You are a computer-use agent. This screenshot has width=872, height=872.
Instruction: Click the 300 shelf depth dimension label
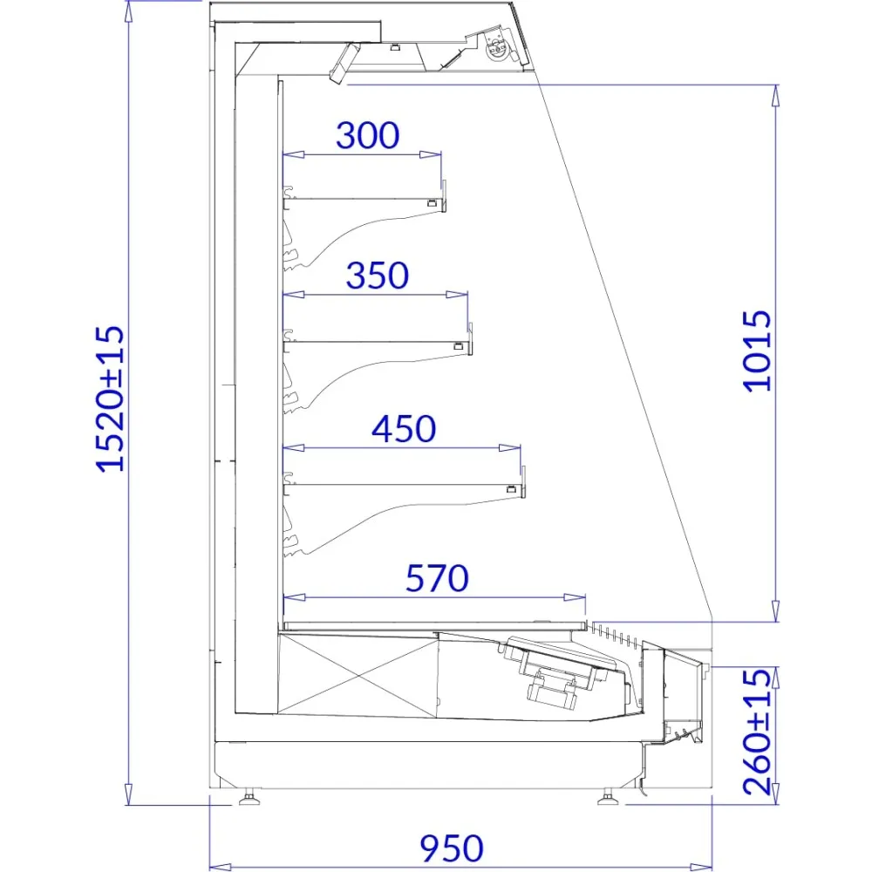click(368, 135)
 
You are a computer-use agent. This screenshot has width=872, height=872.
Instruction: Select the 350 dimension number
click(378, 276)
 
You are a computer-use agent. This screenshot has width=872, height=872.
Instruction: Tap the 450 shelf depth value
click(404, 428)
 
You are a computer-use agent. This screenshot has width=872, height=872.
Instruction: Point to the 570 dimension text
click(437, 578)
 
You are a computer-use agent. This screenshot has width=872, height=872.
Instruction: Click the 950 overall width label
click(452, 848)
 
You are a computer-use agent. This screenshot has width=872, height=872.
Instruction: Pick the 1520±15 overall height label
click(110, 399)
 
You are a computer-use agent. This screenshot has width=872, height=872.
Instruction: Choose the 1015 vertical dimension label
click(758, 351)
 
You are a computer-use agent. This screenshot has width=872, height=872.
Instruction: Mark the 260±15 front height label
click(758, 732)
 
